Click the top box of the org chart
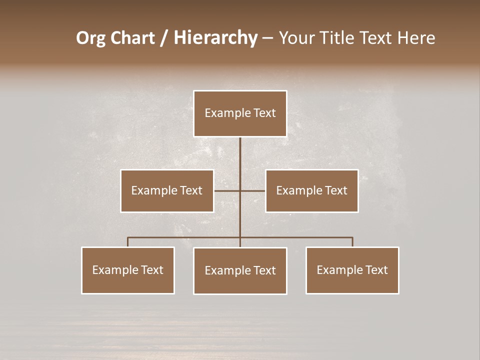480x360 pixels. pyautogui.click(x=240, y=113)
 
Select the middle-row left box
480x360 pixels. pyautogui.click(x=167, y=190)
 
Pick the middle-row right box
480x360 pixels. pyautogui.click(x=311, y=190)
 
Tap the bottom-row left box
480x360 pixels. pyautogui.click(x=128, y=270)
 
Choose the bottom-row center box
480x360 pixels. pyautogui.click(x=240, y=270)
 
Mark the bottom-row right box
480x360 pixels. pyautogui.click(x=352, y=270)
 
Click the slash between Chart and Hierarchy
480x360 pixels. pyautogui.click(x=164, y=38)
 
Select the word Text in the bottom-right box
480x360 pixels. pyautogui.click(x=376, y=270)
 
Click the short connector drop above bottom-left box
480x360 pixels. pyautogui.click(x=128, y=242)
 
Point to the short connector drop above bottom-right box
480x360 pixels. pyautogui.click(x=352, y=242)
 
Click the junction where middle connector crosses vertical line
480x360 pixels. pyautogui.click(x=240, y=190)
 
